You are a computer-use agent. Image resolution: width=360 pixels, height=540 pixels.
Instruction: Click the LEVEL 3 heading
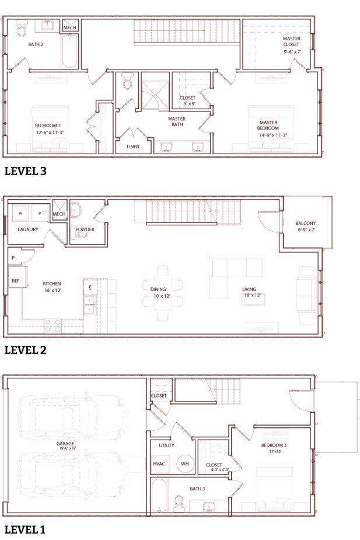pos(25,171)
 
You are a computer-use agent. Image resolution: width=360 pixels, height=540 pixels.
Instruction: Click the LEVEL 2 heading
pos(25,350)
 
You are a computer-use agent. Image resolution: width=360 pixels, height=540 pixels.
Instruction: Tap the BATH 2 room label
pos(36,44)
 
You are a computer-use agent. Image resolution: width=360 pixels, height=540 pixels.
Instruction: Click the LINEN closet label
pos(133,147)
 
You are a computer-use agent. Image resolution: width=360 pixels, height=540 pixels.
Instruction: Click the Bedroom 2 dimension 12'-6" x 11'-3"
pos(49,132)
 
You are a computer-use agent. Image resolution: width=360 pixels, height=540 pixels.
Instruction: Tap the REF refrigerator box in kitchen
pos(15,281)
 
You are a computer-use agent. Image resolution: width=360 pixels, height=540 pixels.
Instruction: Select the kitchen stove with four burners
pos(53,326)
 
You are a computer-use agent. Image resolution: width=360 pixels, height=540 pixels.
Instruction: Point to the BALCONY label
pos(306,224)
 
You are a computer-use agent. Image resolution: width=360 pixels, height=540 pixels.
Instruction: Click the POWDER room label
pos(85,229)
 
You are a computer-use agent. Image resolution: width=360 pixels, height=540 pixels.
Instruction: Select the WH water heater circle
pos(185,464)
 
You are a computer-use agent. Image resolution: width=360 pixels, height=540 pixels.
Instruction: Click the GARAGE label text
pos(65,443)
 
